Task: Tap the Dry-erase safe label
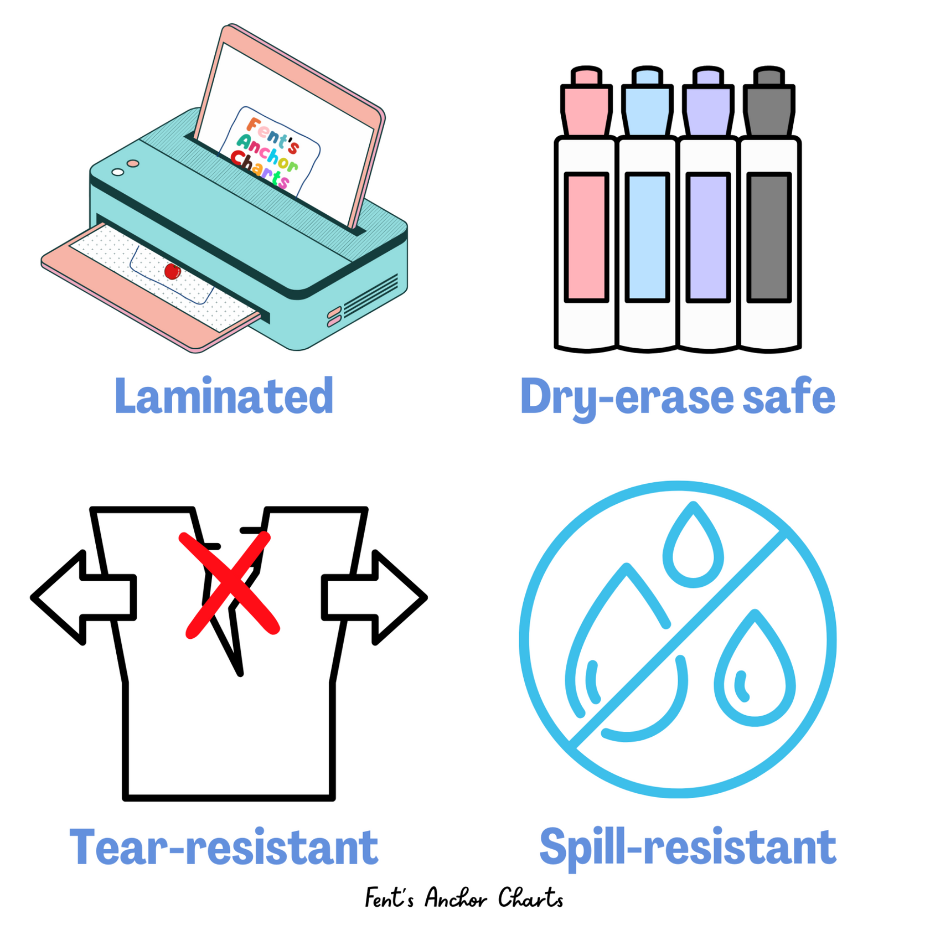678,397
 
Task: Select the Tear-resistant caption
224,847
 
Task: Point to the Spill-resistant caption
688,848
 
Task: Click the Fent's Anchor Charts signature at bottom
464,898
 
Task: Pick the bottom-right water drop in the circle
755,673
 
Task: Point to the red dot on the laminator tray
172,271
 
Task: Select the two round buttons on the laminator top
125,168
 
